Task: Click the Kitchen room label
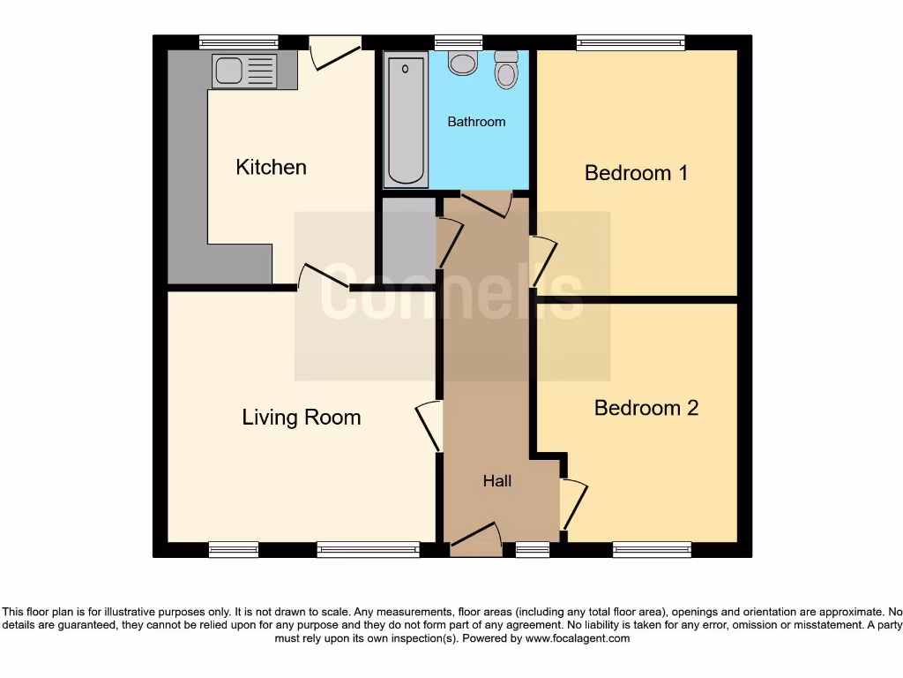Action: [x=271, y=167]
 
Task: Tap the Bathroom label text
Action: [x=476, y=122]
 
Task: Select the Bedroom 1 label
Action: [x=636, y=172]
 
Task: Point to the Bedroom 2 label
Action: [x=646, y=408]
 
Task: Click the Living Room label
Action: [x=302, y=417]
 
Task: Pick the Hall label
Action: [x=497, y=481]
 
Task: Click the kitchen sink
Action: [x=243, y=70]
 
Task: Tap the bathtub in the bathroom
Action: [x=406, y=121]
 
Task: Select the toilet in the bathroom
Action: [x=506, y=69]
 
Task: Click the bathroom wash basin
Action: [x=462, y=62]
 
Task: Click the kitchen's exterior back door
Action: [x=335, y=52]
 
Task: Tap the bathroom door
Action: [x=485, y=203]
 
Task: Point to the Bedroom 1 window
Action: [x=631, y=41]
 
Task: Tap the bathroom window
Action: [x=459, y=41]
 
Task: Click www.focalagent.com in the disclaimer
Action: [x=578, y=638]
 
